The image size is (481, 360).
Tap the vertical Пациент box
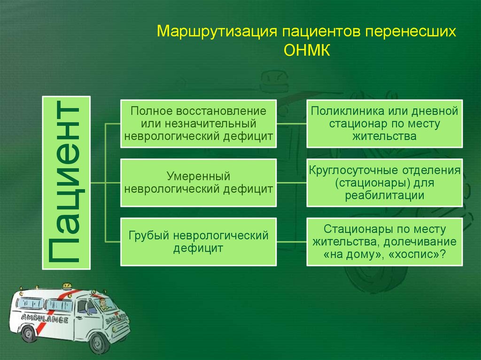[66, 183]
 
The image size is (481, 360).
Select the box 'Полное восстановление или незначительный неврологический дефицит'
[198, 123]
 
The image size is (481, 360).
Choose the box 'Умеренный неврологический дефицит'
[198, 183]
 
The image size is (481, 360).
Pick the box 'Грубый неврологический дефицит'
[198, 241]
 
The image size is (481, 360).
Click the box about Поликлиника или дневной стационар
[384, 123]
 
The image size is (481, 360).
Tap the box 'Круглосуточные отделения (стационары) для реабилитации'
[384, 183]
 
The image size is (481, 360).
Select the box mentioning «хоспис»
[384, 241]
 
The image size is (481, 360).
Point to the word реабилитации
[384, 195]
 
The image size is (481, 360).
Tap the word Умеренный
[198, 176]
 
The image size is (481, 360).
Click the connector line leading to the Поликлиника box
[291, 124]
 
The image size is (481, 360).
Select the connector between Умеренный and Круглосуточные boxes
[291, 183]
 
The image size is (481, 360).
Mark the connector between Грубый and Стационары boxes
[291, 241]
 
